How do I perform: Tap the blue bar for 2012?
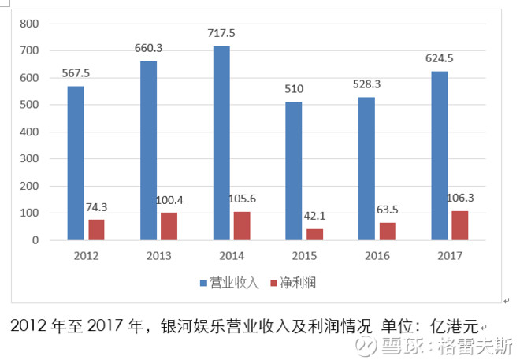pyautogui.click(x=76, y=163)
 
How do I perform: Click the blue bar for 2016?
pyautogui.click(x=366, y=169)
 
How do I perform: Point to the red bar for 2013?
pyautogui.click(x=169, y=226)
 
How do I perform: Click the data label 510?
pyautogui.click(x=293, y=89)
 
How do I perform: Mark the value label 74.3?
pyautogui.click(x=102, y=206)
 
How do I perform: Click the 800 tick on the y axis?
pyautogui.click(x=29, y=24)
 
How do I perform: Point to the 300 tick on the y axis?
pyautogui.click(x=29, y=159)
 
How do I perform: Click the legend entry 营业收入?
pyautogui.click(x=234, y=282)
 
